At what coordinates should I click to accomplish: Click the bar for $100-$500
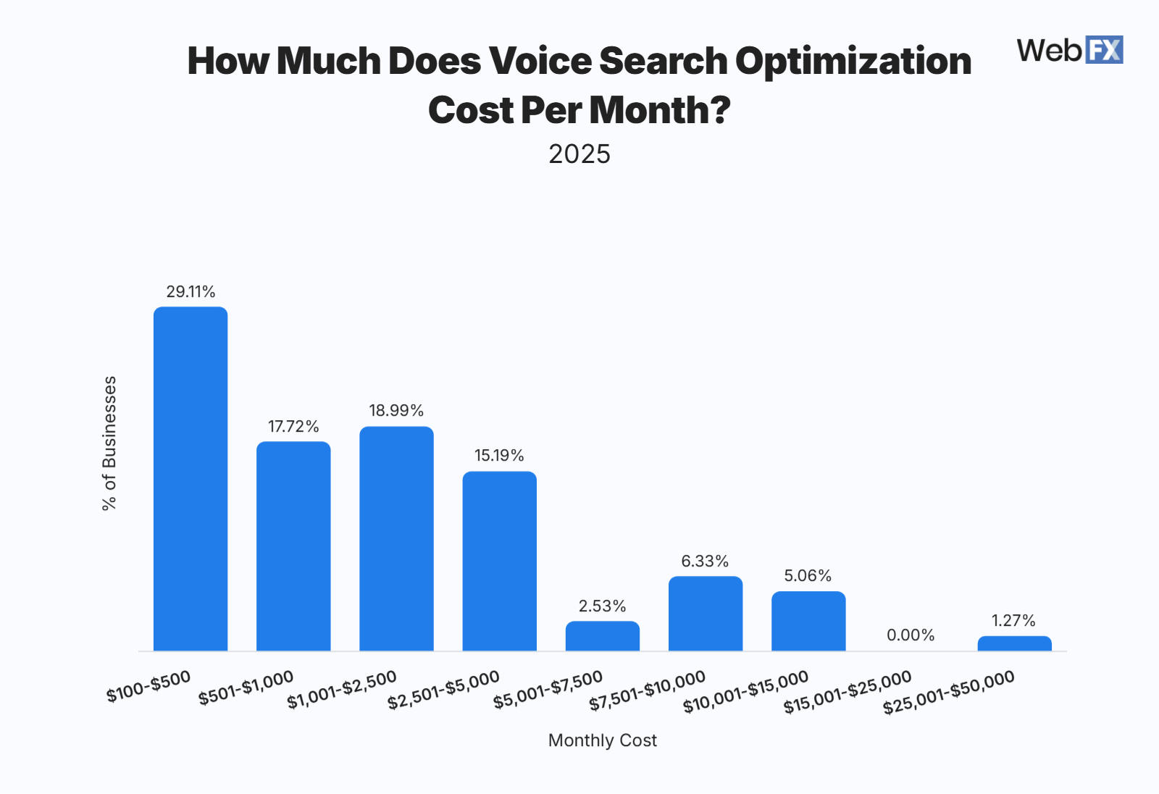click(191, 479)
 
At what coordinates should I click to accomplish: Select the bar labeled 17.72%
click(293, 546)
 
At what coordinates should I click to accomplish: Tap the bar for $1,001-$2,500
click(396, 538)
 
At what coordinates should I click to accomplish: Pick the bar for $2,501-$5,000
click(499, 561)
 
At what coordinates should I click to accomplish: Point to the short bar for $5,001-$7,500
click(603, 636)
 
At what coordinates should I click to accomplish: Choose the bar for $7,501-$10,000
click(706, 614)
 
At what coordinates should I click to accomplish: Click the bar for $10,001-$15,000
click(808, 621)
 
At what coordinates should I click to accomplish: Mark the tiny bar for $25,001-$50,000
click(1014, 643)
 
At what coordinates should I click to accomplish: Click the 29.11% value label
click(191, 292)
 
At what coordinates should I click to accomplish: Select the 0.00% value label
click(911, 635)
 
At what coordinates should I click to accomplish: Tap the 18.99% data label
click(396, 411)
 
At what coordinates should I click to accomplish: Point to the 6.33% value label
click(705, 561)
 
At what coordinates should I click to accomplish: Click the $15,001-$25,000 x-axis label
click(848, 693)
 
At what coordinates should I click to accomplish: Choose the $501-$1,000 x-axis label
click(246, 688)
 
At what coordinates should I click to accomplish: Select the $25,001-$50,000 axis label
click(949, 693)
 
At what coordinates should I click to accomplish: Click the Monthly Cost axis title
click(602, 740)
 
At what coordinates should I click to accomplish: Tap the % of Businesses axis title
click(109, 443)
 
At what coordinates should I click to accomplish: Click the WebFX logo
click(1069, 50)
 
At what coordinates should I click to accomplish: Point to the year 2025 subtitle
click(579, 154)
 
